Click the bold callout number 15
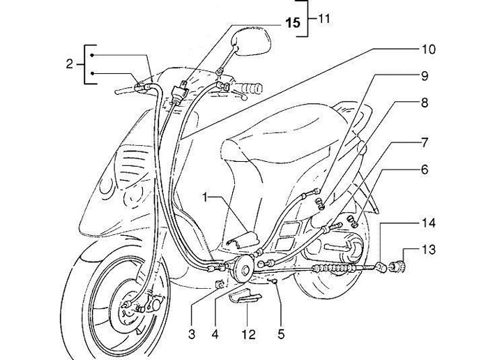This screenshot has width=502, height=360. pyautogui.click(x=294, y=23)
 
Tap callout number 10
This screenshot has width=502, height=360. pyautogui.click(x=427, y=50)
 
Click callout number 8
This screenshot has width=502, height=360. pyautogui.click(x=424, y=102)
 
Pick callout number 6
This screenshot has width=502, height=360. pyautogui.click(x=424, y=170)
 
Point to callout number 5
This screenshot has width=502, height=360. pyautogui.click(x=282, y=334)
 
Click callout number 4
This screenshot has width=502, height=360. pyautogui.click(x=216, y=334)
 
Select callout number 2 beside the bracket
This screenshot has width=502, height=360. pyautogui.click(x=69, y=65)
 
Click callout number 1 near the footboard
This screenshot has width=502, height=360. pyautogui.click(x=206, y=199)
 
